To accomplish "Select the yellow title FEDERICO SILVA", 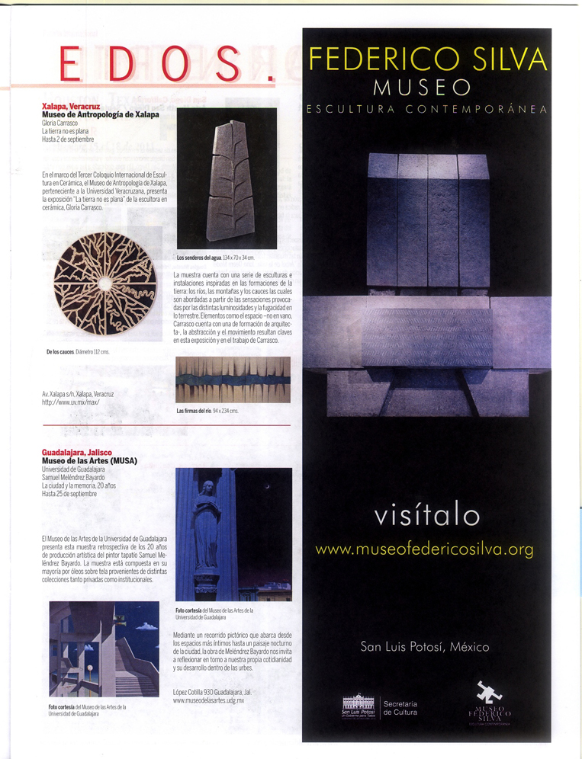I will pyautogui.click(x=427, y=60).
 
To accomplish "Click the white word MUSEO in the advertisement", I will pyautogui.click(x=427, y=86).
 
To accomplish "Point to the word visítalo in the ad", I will pyautogui.click(x=427, y=516).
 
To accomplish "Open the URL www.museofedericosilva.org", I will pyautogui.click(x=425, y=549).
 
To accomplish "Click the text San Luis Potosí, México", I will pyautogui.click(x=425, y=647).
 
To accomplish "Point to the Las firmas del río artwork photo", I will pyautogui.click(x=233, y=379).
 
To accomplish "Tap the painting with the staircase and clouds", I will pyautogui.click(x=104, y=649).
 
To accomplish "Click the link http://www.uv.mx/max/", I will pyautogui.click(x=71, y=402).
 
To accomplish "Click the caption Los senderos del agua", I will pyautogui.click(x=198, y=258).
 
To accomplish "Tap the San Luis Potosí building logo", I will pyautogui.click(x=358, y=704).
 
